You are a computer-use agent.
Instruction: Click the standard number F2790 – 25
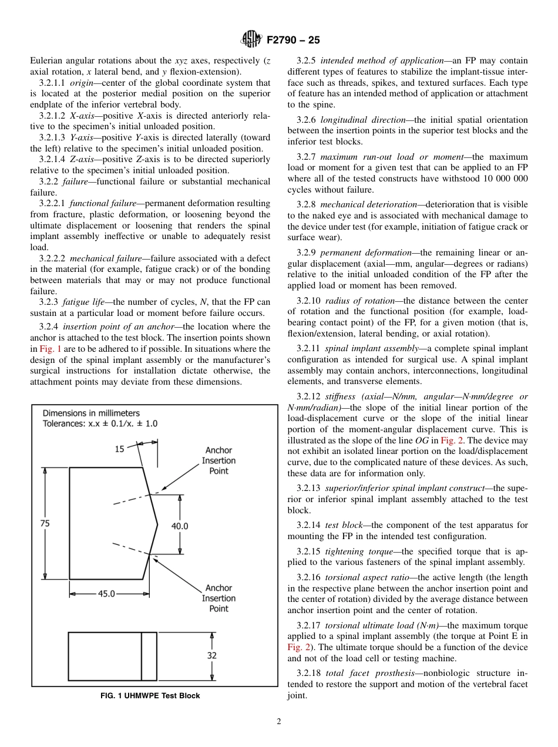293,41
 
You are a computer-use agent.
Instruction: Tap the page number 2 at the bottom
278,722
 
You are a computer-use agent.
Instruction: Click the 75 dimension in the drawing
45,524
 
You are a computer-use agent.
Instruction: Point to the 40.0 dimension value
180,526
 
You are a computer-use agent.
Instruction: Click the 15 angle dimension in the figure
119,449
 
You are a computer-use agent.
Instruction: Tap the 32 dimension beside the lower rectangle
211,655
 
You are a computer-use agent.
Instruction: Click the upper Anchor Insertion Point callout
219,461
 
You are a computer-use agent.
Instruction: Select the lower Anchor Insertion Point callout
219,598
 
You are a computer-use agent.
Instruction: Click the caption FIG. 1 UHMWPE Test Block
150,696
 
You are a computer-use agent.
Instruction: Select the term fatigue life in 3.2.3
83,302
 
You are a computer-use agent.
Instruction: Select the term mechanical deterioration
369,204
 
